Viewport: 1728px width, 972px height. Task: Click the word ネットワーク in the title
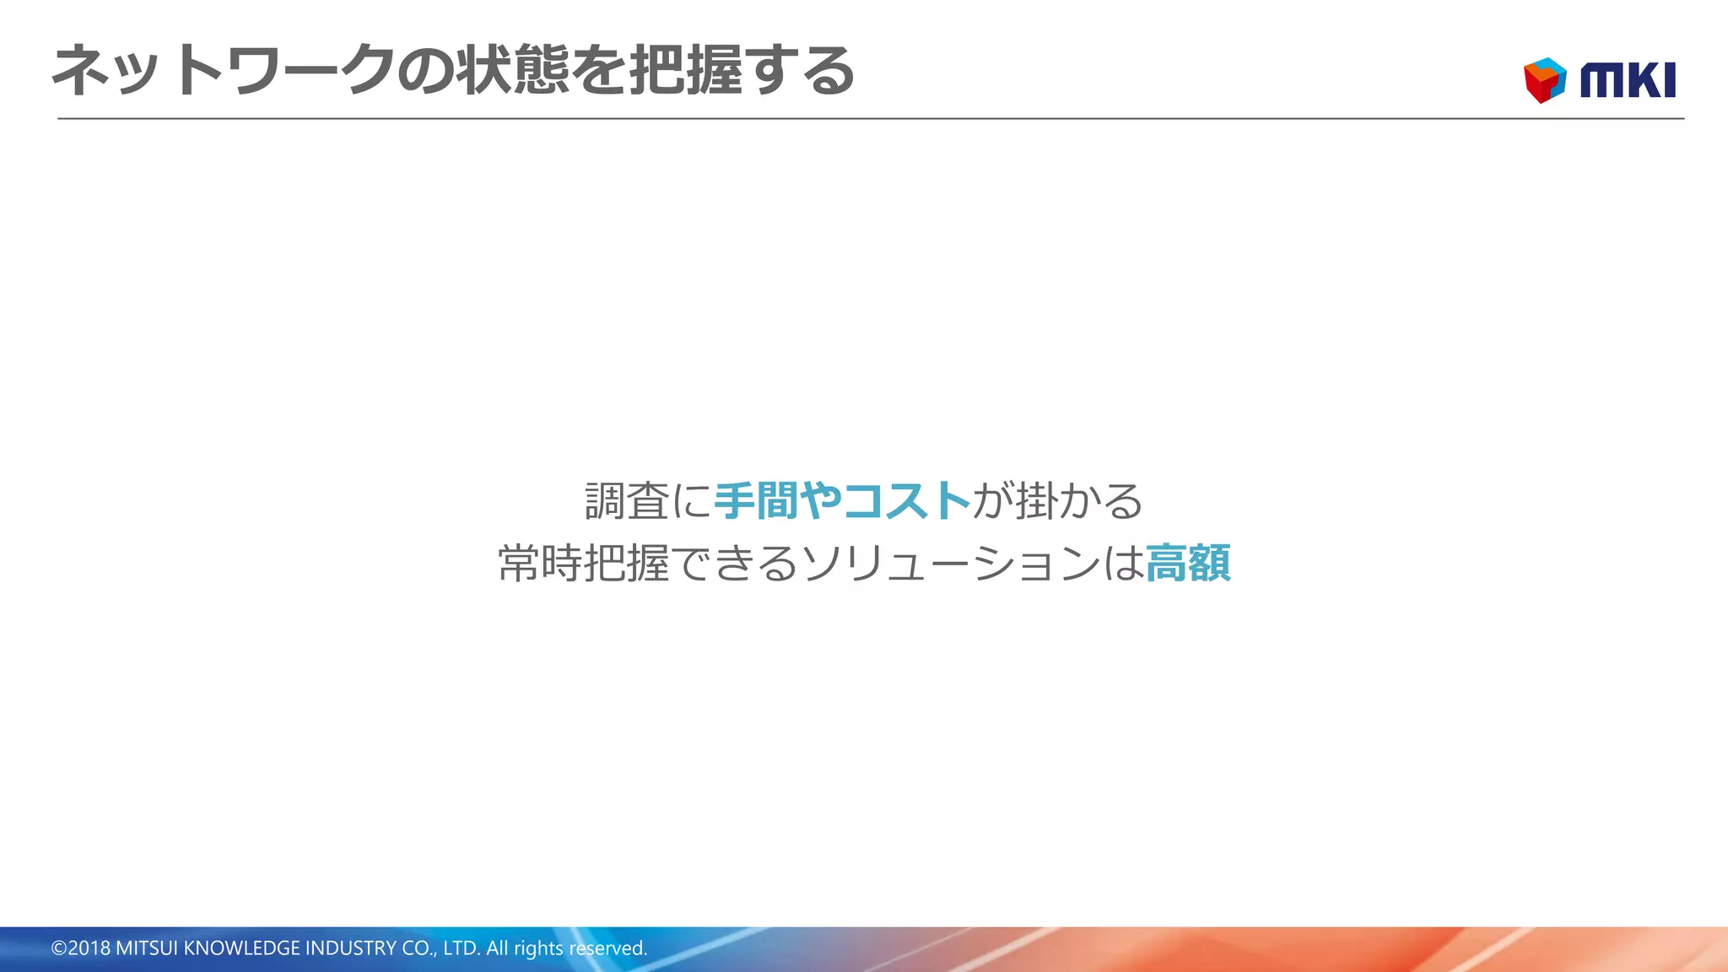224,70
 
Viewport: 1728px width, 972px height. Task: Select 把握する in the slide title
742,70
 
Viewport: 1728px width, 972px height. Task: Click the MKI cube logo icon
1545,80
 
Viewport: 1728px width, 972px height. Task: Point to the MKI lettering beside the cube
1628,81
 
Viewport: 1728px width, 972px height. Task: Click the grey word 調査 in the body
627,501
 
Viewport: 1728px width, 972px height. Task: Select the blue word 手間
756,501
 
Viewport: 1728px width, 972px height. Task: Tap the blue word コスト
906,501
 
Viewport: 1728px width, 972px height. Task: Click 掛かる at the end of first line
1079,501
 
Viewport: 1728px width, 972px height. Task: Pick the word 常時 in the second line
540,564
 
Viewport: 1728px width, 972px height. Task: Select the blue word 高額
1188,564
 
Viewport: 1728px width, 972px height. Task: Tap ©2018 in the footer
81,948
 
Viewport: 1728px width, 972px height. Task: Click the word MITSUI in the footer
147,948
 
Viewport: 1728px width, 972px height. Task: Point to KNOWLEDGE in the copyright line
241,948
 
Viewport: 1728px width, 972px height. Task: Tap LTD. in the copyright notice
462,948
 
